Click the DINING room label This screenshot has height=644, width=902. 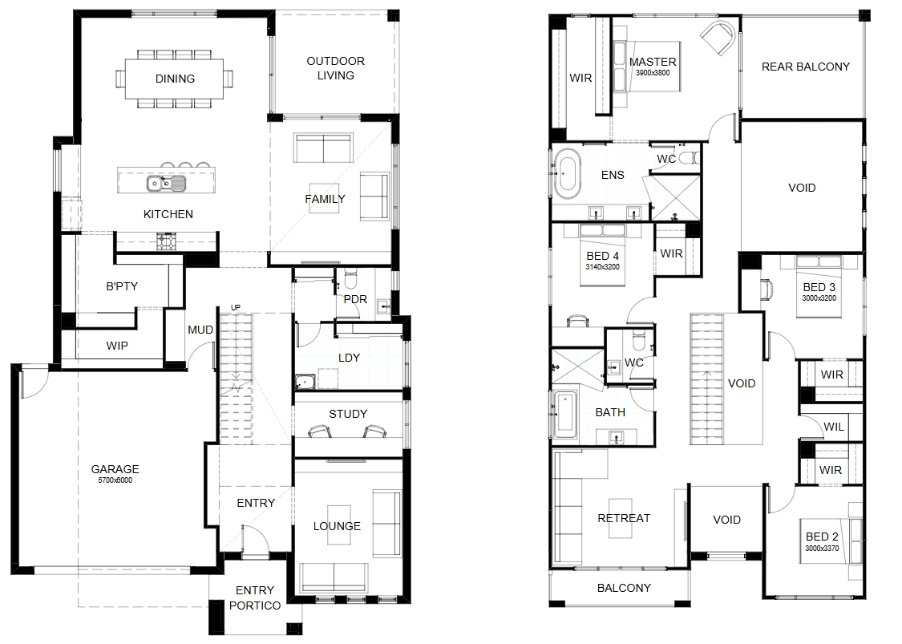[x=175, y=79]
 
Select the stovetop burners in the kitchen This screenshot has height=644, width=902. [x=166, y=241]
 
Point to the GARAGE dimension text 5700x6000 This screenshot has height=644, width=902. [x=115, y=480]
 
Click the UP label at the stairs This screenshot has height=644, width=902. [x=236, y=308]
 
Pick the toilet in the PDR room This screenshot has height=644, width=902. [x=350, y=279]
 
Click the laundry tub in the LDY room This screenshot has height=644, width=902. [x=305, y=382]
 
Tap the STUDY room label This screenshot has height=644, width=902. [x=348, y=414]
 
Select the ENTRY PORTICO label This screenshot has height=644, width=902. [x=255, y=598]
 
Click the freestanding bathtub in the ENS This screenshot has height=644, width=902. [x=567, y=171]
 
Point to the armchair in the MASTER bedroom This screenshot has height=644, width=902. [x=718, y=37]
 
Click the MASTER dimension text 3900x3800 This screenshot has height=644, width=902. [x=653, y=73]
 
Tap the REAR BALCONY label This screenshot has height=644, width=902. [x=805, y=67]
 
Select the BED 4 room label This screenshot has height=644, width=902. [x=603, y=256]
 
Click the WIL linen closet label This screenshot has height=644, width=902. [x=834, y=427]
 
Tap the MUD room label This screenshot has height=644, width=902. [x=200, y=330]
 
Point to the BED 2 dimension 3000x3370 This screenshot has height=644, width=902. [x=822, y=549]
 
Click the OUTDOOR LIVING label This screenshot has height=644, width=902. [x=335, y=68]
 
